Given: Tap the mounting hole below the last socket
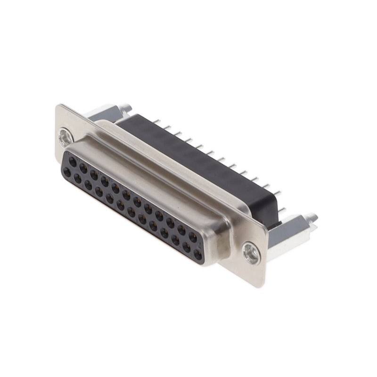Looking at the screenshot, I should coord(251,254).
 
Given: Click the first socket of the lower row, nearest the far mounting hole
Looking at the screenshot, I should coord(67,172).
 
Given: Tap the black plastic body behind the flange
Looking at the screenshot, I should coord(198,160).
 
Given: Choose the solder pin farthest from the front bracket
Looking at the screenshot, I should coord(157,122).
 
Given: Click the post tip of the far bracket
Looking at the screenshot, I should coord(125,107).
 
